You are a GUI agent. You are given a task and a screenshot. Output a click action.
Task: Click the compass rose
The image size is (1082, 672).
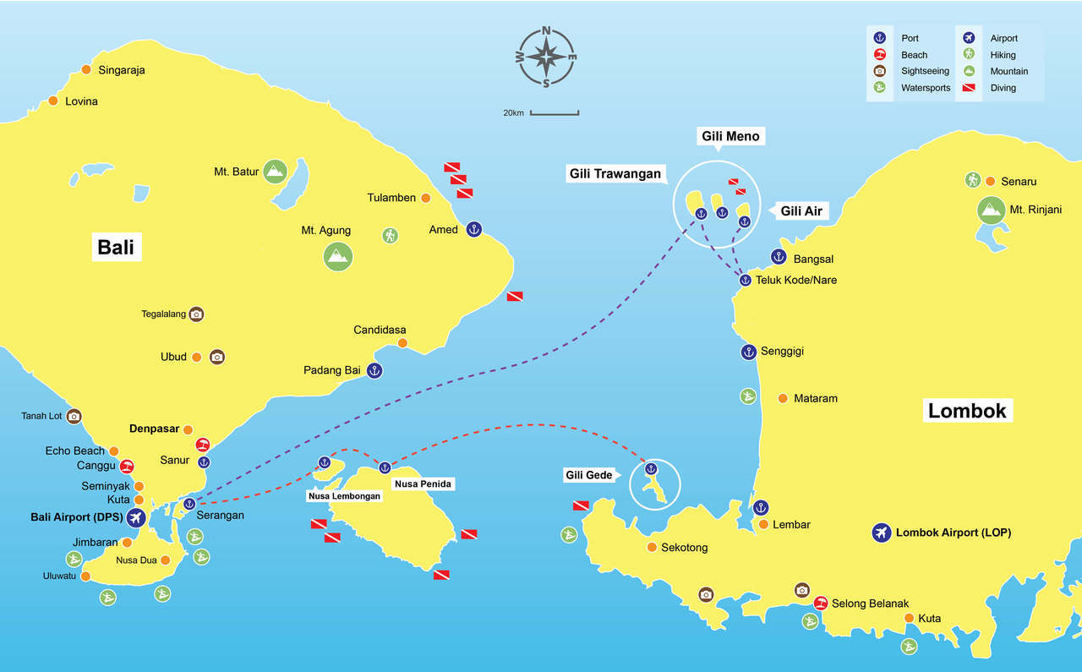tap(546, 57)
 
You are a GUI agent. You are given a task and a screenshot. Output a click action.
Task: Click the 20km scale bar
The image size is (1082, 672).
tap(555, 112)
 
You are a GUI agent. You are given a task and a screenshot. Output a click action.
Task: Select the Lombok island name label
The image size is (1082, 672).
tap(967, 411)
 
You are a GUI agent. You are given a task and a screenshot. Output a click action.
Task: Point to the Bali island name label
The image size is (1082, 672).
tap(116, 247)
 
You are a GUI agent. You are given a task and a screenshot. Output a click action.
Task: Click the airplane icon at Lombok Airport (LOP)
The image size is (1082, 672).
tap(882, 533)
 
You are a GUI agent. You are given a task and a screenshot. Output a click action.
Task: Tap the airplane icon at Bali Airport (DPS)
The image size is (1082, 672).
tap(134, 516)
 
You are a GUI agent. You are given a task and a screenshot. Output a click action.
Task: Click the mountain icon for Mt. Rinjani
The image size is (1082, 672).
tap(990, 210)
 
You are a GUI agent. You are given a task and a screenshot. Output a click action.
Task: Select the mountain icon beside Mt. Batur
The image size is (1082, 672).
tap(274, 172)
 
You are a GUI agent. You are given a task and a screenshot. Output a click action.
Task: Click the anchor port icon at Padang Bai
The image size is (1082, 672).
tap(374, 370)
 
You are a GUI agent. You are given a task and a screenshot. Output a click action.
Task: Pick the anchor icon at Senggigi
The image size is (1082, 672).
tap(748, 351)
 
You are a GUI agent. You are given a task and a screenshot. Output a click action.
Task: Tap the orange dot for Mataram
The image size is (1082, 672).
tap(783, 398)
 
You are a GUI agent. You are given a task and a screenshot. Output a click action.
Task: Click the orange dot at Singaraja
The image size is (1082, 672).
tap(86, 70)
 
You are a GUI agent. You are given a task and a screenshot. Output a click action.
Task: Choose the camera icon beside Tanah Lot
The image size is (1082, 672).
tap(74, 416)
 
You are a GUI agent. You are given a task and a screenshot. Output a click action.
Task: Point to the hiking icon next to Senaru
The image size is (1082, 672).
tap(973, 179)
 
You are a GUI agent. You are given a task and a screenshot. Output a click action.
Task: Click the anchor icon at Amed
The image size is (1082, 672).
tap(473, 229)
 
